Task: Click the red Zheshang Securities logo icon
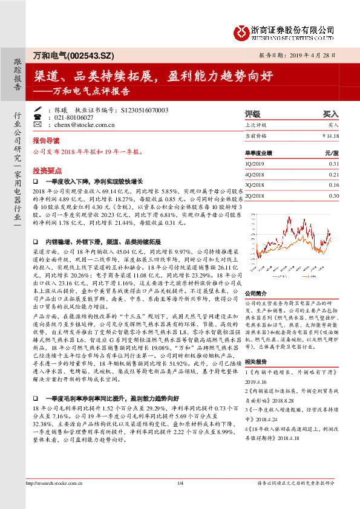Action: [241, 30]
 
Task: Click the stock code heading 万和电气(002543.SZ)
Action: [64, 55]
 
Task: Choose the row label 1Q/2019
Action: [254, 164]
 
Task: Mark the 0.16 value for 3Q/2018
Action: [334, 185]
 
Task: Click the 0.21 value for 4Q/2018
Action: [334, 174]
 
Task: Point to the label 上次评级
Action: [257, 125]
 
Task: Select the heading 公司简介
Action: [256, 292]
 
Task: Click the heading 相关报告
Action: [256, 360]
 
